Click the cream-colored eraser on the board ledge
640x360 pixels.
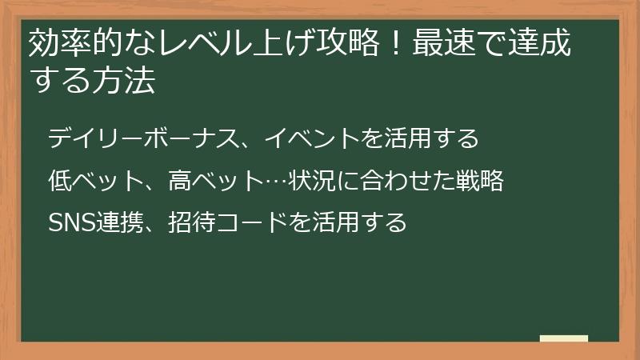(x=564, y=338)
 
